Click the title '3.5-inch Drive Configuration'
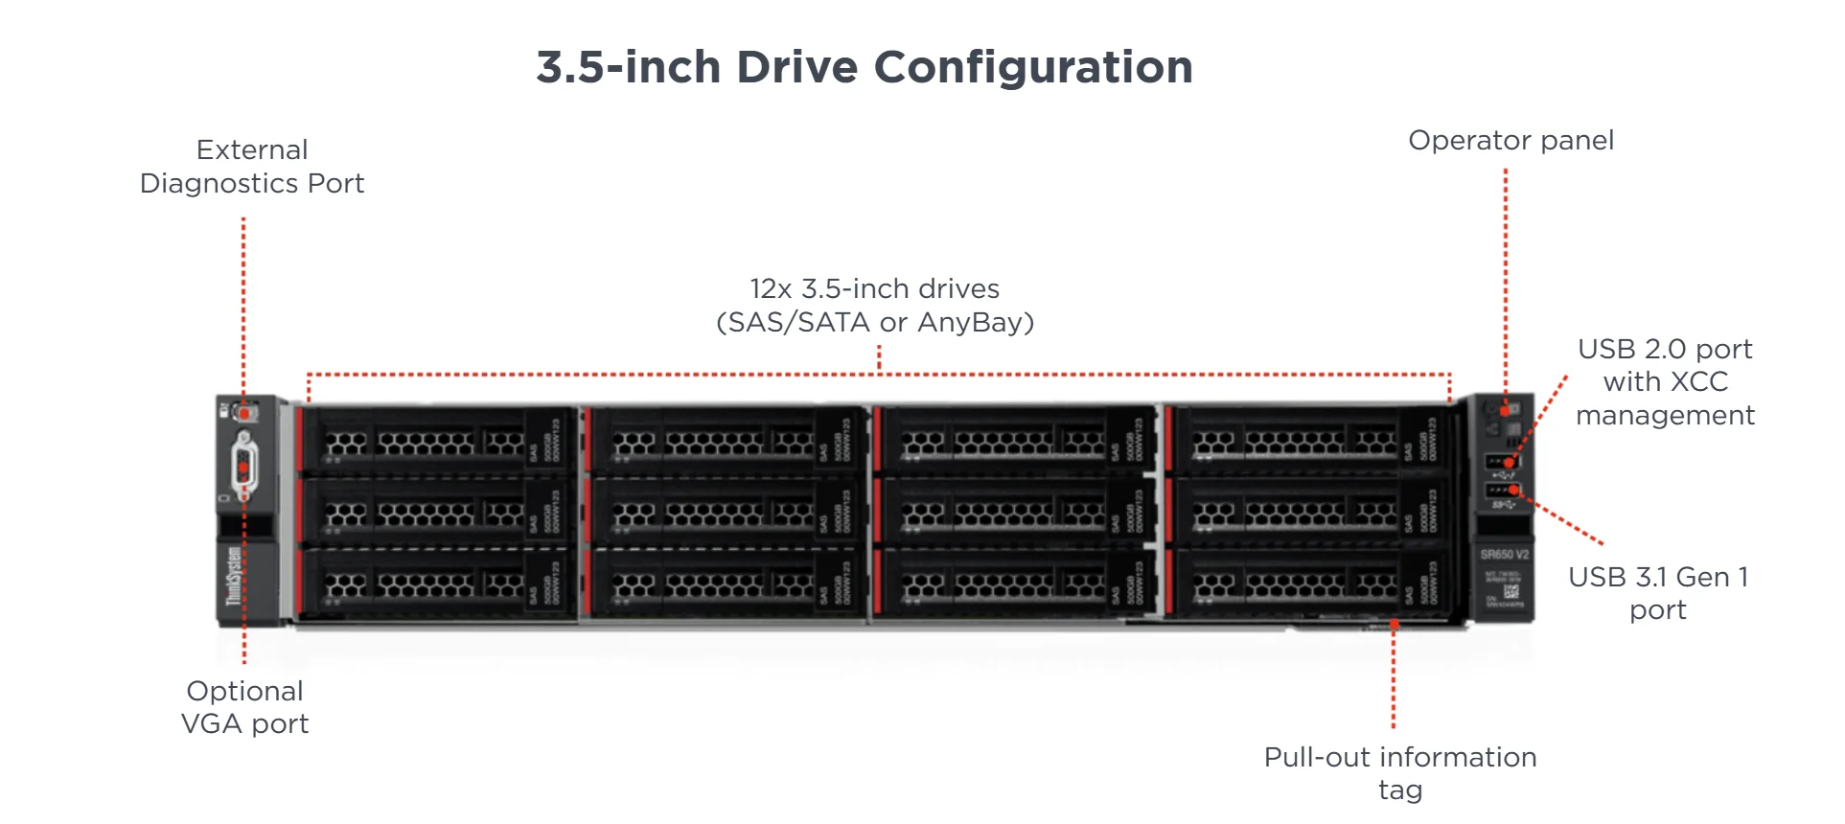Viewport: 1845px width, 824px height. point(865,67)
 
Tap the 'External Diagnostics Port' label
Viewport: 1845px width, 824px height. point(252,167)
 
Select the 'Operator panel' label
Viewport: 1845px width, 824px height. point(1511,141)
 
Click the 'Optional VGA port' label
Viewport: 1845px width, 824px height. point(245,707)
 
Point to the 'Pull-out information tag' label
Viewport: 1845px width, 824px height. point(1399,773)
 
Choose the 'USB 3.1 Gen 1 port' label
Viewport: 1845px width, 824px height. point(1658,593)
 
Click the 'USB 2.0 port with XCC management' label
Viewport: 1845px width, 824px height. point(1665,381)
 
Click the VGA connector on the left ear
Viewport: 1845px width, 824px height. point(244,468)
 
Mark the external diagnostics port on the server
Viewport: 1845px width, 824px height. point(245,413)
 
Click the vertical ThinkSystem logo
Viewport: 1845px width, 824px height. point(234,576)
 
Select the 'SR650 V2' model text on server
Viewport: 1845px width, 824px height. point(1504,555)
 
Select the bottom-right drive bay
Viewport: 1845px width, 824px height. point(1308,582)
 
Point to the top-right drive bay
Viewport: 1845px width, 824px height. point(1308,441)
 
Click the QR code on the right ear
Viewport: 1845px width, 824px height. point(1511,590)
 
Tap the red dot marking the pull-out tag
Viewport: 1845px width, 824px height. point(1395,625)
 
